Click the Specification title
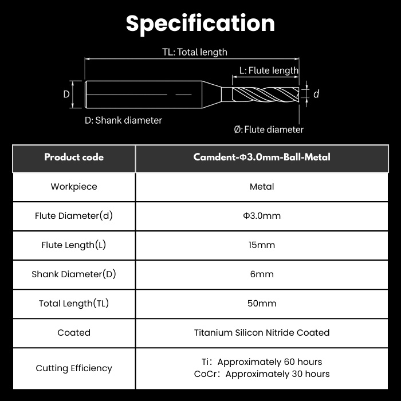pos(200,24)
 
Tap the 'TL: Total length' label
pos(195,52)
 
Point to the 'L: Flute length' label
pos(269,70)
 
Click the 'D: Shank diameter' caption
pos(123,120)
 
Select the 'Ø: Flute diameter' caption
pos(269,129)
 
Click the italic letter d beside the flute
pos(316,94)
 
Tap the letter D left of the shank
pos(66,95)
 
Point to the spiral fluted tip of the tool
pos(266,95)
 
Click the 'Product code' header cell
pos(74,158)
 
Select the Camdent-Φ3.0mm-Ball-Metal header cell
pos(262,158)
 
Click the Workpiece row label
pos(74,187)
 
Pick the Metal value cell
pos(262,187)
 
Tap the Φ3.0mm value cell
pos(262,216)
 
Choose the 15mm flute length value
pos(262,245)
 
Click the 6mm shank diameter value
pos(262,274)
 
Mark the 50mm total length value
pos(262,304)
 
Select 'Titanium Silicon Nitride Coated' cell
pos(262,333)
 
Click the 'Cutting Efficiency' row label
pos(74,368)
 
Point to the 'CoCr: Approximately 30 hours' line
pos(262,374)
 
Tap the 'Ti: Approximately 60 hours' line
pos(262,362)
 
